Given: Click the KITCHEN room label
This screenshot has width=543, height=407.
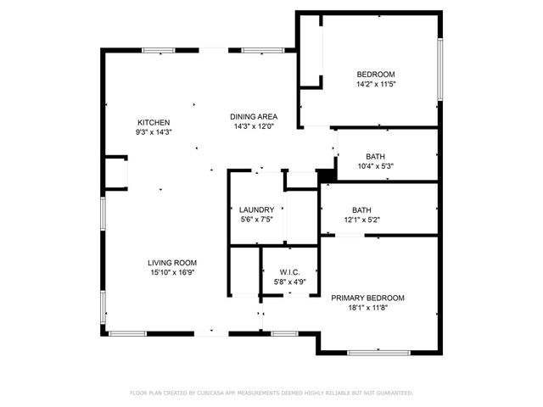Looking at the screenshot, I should point(154,122).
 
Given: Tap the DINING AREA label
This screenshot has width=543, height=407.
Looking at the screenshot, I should point(254,116).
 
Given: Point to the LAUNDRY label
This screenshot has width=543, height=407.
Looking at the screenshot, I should point(255,209).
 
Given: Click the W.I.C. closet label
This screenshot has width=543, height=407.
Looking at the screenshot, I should point(289,272).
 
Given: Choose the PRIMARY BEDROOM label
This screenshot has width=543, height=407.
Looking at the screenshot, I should point(367,298).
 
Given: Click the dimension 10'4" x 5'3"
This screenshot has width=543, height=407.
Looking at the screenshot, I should point(375,166).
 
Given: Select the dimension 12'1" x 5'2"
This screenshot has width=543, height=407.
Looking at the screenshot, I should point(361,220).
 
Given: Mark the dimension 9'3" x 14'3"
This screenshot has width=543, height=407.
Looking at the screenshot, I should point(154,132).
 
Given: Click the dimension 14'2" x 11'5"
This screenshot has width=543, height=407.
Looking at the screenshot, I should point(376,84).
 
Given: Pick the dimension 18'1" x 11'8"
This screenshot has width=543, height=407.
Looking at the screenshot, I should point(367,308).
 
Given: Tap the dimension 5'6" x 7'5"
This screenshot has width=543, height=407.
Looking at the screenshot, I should point(255,220).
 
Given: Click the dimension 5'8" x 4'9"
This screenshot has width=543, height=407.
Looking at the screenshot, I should point(289,282).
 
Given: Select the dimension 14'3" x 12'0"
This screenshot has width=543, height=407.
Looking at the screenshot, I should point(254,126).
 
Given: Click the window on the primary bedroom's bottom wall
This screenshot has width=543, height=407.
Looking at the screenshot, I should point(373,352).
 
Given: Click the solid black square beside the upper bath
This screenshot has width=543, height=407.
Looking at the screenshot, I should point(323,176).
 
